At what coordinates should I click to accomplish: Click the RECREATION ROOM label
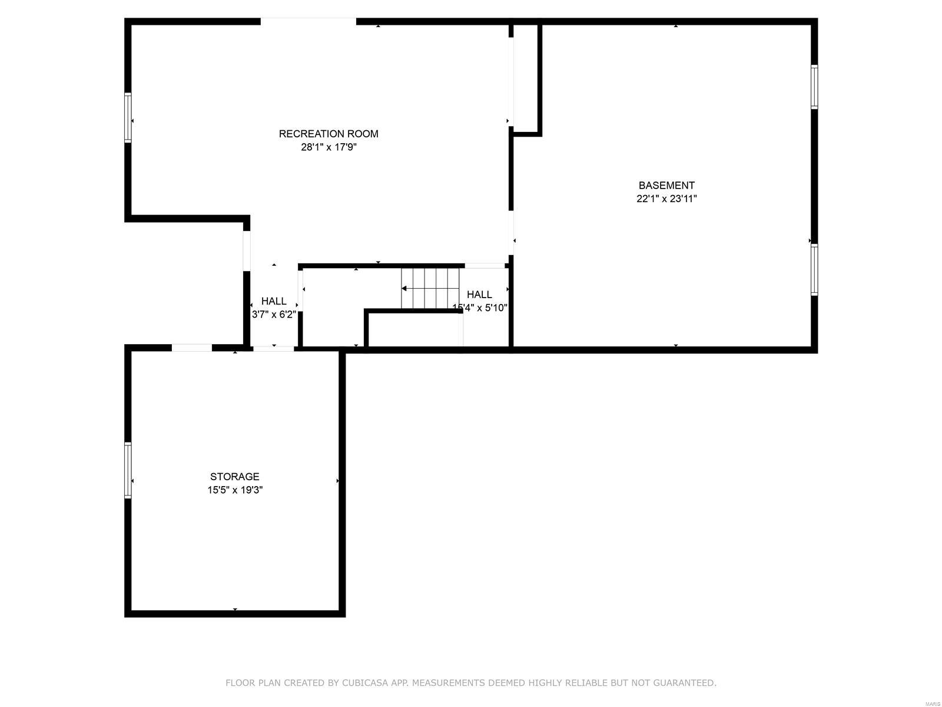click(x=329, y=134)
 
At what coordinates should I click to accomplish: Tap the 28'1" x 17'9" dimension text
click(x=329, y=147)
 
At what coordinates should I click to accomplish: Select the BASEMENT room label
click(x=666, y=186)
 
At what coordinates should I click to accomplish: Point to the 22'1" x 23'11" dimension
click(x=666, y=199)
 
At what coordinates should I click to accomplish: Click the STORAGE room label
click(x=235, y=477)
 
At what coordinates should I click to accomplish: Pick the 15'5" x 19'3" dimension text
click(x=235, y=490)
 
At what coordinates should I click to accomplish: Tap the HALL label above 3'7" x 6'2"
click(x=274, y=301)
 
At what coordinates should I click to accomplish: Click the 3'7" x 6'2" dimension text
click(x=274, y=314)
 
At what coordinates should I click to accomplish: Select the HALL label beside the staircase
click(x=479, y=295)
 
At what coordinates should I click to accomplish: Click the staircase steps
click(x=430, y=288)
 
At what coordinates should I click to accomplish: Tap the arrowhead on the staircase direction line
click(x=404, y=289)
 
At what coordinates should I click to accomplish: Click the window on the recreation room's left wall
click(x=128, y=117)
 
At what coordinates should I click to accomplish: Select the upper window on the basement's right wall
click(x=814, y=87)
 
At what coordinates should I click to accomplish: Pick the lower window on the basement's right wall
click(x=814, y=270)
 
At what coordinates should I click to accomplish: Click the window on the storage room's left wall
click(x=128, y=470)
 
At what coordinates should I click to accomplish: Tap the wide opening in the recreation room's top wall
click(x=308, y=21)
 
